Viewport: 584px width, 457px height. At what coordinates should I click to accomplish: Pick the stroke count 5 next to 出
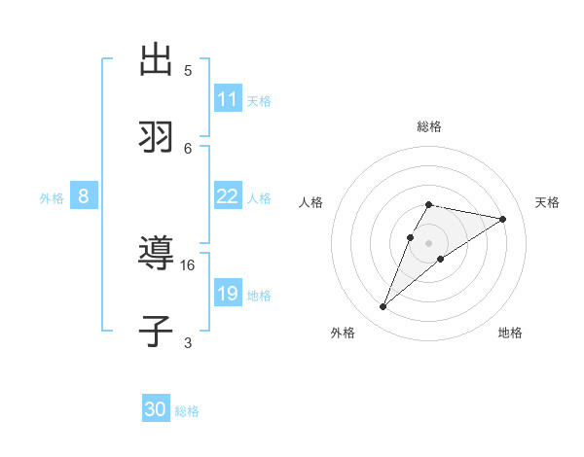[188, 70]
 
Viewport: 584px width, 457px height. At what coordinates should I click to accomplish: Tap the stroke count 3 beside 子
[188, 342]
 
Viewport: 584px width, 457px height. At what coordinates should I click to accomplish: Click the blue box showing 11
[228, 99]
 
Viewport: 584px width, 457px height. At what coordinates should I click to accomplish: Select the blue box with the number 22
[228, 196]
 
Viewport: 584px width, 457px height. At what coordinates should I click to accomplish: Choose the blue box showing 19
[228, 294]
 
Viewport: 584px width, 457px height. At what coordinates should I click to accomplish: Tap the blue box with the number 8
[84, 196]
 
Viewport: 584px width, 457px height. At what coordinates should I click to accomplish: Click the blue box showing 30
[156, 409]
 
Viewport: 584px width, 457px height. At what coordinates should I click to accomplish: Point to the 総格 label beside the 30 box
[187, 411]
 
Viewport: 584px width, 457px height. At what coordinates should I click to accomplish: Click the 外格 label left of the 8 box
[52, 198]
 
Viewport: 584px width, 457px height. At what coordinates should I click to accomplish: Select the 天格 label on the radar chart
[547, 202]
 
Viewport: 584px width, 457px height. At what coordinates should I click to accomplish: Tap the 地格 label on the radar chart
[510, 333]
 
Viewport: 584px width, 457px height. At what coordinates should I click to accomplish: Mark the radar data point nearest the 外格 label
[383, 307]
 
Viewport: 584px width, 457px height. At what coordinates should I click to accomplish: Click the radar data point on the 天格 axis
[502, 219]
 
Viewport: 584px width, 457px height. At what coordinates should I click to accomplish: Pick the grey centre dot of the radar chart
[428, 242]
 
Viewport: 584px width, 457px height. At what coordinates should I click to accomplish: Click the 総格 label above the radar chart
[429, 126]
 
